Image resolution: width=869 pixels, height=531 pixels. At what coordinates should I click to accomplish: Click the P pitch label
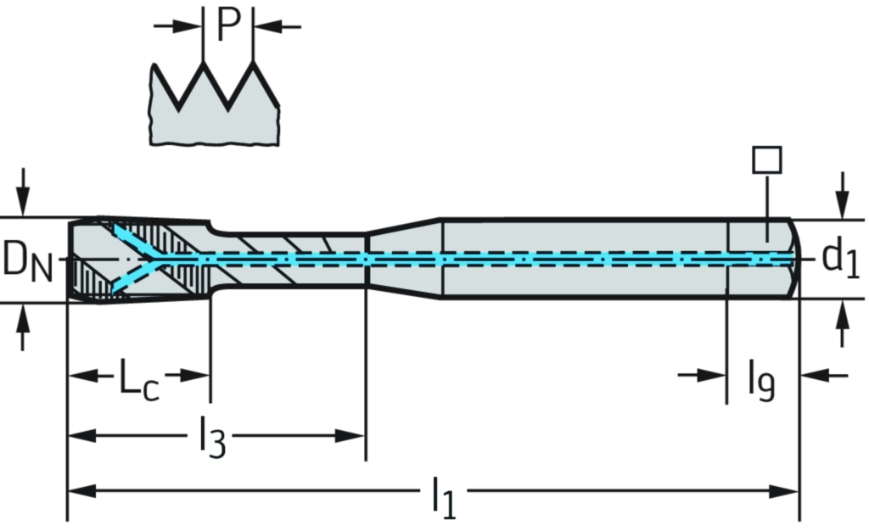pyautogui.click(x=227, y=25)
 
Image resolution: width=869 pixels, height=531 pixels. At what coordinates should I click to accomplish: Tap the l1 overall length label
pyautogui.click(x=444, y=494)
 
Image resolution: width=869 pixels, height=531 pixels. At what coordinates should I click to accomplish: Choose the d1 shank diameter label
pyautogui.click(x=841, y=260)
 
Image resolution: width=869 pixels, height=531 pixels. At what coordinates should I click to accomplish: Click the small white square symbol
pyautogui.click(x=767, y=159)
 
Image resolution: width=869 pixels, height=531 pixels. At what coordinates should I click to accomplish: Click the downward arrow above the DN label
pyautogui.click(x=24, y=199)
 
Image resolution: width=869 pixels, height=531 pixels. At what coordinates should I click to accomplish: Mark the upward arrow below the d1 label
pyautogui.click(x=842, y=318)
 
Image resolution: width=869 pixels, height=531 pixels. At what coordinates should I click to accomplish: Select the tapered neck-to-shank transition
pyautogui.click(x=403, y=259)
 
